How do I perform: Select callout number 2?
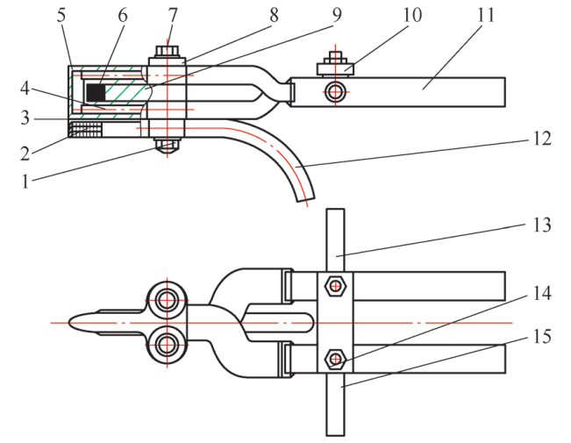(26, 152)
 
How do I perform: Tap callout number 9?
(339, 17)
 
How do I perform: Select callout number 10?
(412, 17)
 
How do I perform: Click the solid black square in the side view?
(95, 90)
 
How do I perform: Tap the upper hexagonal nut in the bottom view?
(334, 285)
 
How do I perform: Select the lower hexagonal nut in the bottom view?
(334, 359)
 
